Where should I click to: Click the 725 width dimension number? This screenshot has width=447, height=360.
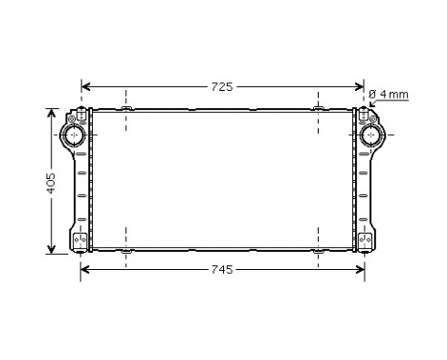pos(221,86)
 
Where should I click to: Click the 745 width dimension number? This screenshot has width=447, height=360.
pos(221,269)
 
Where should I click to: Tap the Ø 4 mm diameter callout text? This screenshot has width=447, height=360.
pos(389,94)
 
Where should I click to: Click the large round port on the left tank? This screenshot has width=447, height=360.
pos(76,134)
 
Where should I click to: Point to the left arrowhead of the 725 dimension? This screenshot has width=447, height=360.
pos(85,86)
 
